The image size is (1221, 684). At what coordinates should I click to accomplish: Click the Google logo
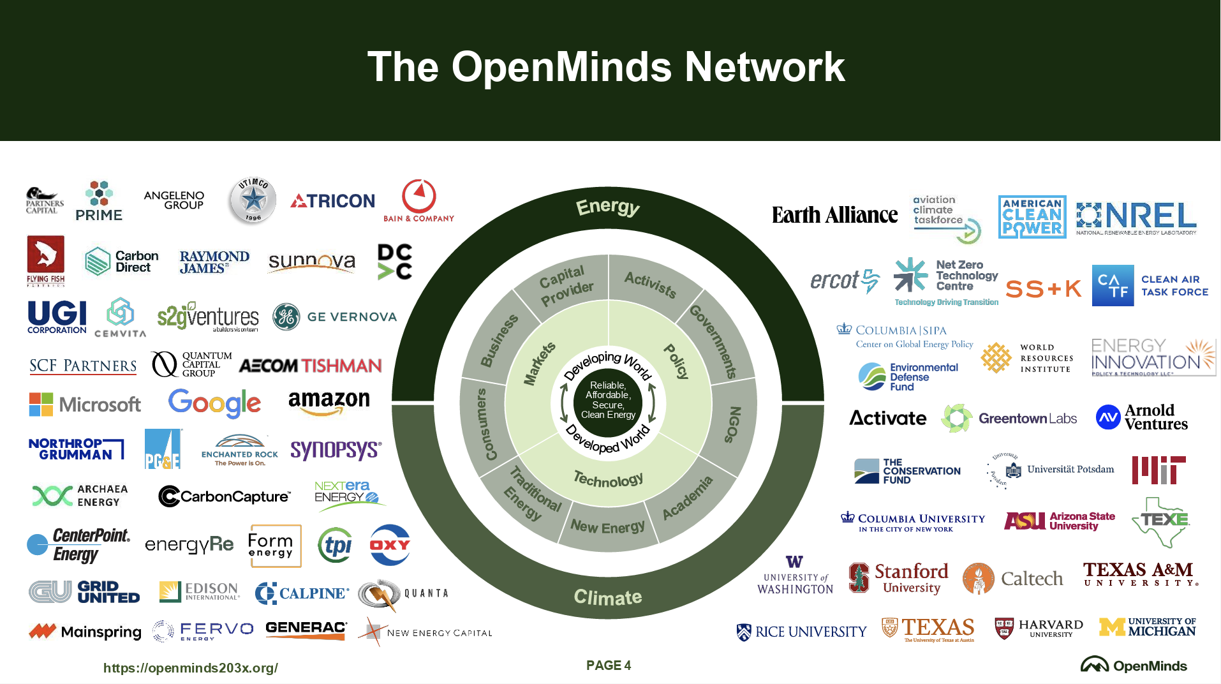pyautogui.click(x=214, y=403)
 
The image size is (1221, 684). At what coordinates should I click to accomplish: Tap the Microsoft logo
pyautogui.click(x=85, y=405)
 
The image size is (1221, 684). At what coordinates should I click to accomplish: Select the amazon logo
pyautogui.click(x=329, y=402)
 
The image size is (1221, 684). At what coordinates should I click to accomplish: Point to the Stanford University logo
pyautogui.click(x=898, y=579)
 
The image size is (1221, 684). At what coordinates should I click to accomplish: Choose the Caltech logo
pyautogui.click(x=1013, y=579)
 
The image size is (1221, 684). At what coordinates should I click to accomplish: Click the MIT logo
pyautogui.click(x=1158, y=470)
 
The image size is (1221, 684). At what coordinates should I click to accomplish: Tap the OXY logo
pyautogui.click(x=390, y=545)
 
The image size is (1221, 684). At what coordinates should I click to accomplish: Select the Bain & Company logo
pyautogui.click(x=418, y=201)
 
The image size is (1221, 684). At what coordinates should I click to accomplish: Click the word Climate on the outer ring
pyautogui.click(x=608, y=597)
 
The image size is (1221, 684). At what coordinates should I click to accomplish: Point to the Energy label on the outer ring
pyautogui.click(x=607, y=207)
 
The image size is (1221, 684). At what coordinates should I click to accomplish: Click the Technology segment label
pyautogui.click(x=608, y=479)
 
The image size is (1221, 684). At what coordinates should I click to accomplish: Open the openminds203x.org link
pyautogui.click(x=191, y=668)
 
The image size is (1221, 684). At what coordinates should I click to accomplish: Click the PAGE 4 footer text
pyautogui.click(x=609, y=665)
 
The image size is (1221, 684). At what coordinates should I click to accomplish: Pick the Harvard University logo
pyautogui.click(x=1039, y=628)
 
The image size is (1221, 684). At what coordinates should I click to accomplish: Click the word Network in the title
pyautogui.click(x=764, y=67)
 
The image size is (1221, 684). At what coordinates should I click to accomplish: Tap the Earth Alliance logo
pyautogui.click(x=834, y=216)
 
